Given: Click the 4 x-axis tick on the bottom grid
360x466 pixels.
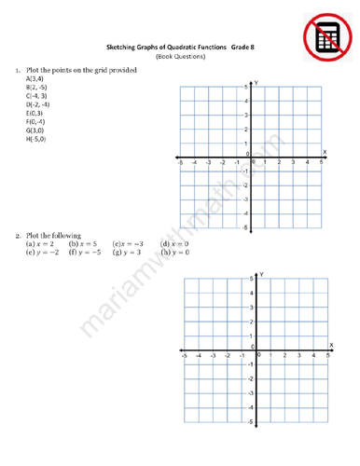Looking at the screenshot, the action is coord(314,355).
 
